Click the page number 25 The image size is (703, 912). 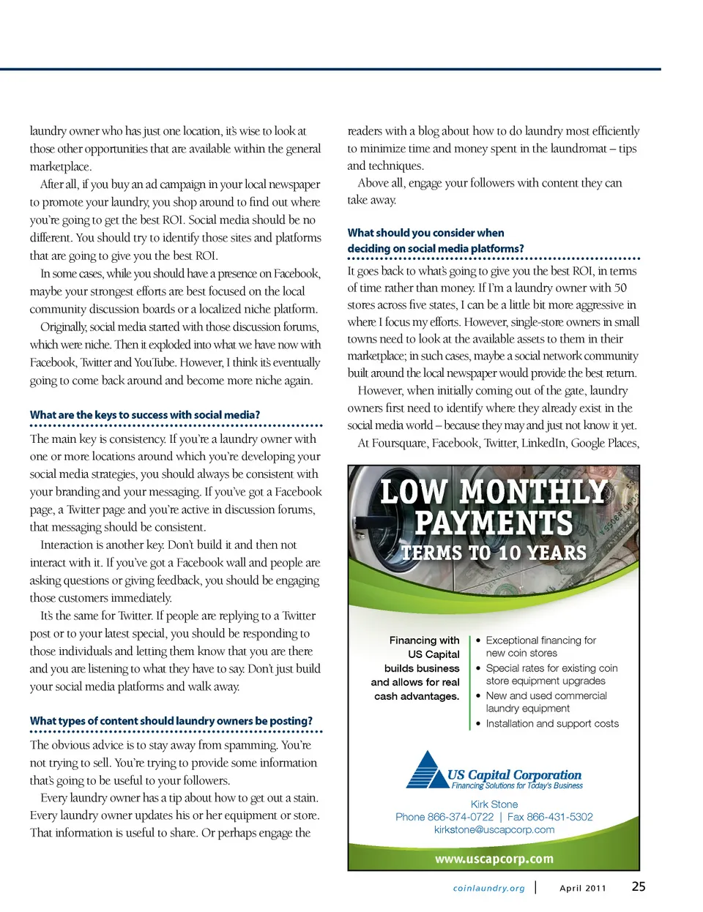point(639,886)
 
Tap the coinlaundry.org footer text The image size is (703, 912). point(488,889)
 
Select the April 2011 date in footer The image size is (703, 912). point(583,889)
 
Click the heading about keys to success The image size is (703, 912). point(145,415)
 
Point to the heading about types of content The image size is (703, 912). point(171,721)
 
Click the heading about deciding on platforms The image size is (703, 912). point(436,241)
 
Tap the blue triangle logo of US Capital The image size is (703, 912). point(428,770)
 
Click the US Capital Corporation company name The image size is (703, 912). point(514,774)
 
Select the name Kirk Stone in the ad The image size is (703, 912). point(494,804)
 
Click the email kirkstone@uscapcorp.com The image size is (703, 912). point(494,830)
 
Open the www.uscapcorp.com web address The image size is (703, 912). point(494,859)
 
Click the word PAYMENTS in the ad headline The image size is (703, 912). point(494,523)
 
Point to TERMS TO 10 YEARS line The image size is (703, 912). point(494,553)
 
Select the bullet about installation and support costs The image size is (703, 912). point(552,724)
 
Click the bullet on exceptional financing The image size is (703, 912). point(540,646)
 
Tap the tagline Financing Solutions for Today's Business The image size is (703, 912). point(517,786)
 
